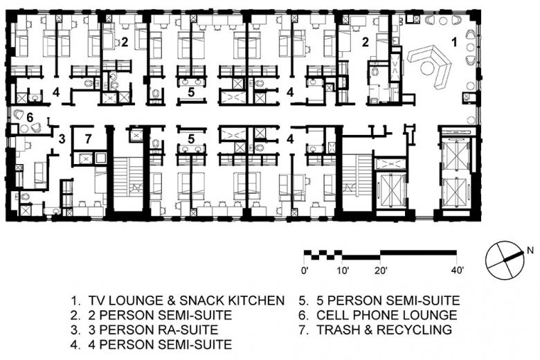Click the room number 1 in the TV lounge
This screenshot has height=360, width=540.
(455, 42)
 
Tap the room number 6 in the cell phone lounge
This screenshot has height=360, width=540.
(30, 118)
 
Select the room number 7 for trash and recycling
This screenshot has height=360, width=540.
(89, 139)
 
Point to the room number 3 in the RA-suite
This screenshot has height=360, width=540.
(62, 139)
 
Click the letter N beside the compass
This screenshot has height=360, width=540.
(530, 250)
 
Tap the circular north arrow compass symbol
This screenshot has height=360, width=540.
(505, 260)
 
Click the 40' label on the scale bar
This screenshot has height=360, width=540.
(458, 271)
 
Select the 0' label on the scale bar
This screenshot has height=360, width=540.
(305, 271)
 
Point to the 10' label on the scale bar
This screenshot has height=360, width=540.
(343, 271)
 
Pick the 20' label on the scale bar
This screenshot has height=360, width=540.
(381, 271)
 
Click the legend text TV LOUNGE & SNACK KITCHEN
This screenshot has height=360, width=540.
(186, 300)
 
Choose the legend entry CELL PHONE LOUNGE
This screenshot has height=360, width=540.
(387, 315)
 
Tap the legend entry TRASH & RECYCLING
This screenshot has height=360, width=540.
(384, 330)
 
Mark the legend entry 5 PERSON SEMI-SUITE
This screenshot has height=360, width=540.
(388, 300)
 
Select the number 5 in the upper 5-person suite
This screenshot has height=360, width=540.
(191, 92)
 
